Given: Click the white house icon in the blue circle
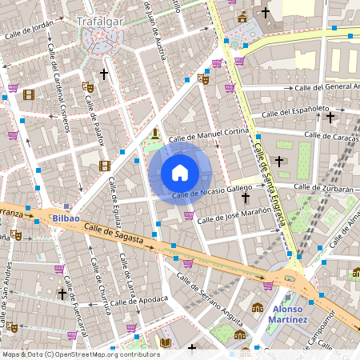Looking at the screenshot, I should (180, 173).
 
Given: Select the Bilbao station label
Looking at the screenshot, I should (63, 218).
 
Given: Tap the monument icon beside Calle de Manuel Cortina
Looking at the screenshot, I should (154, 133).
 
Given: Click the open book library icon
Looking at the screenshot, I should (165, 342).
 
